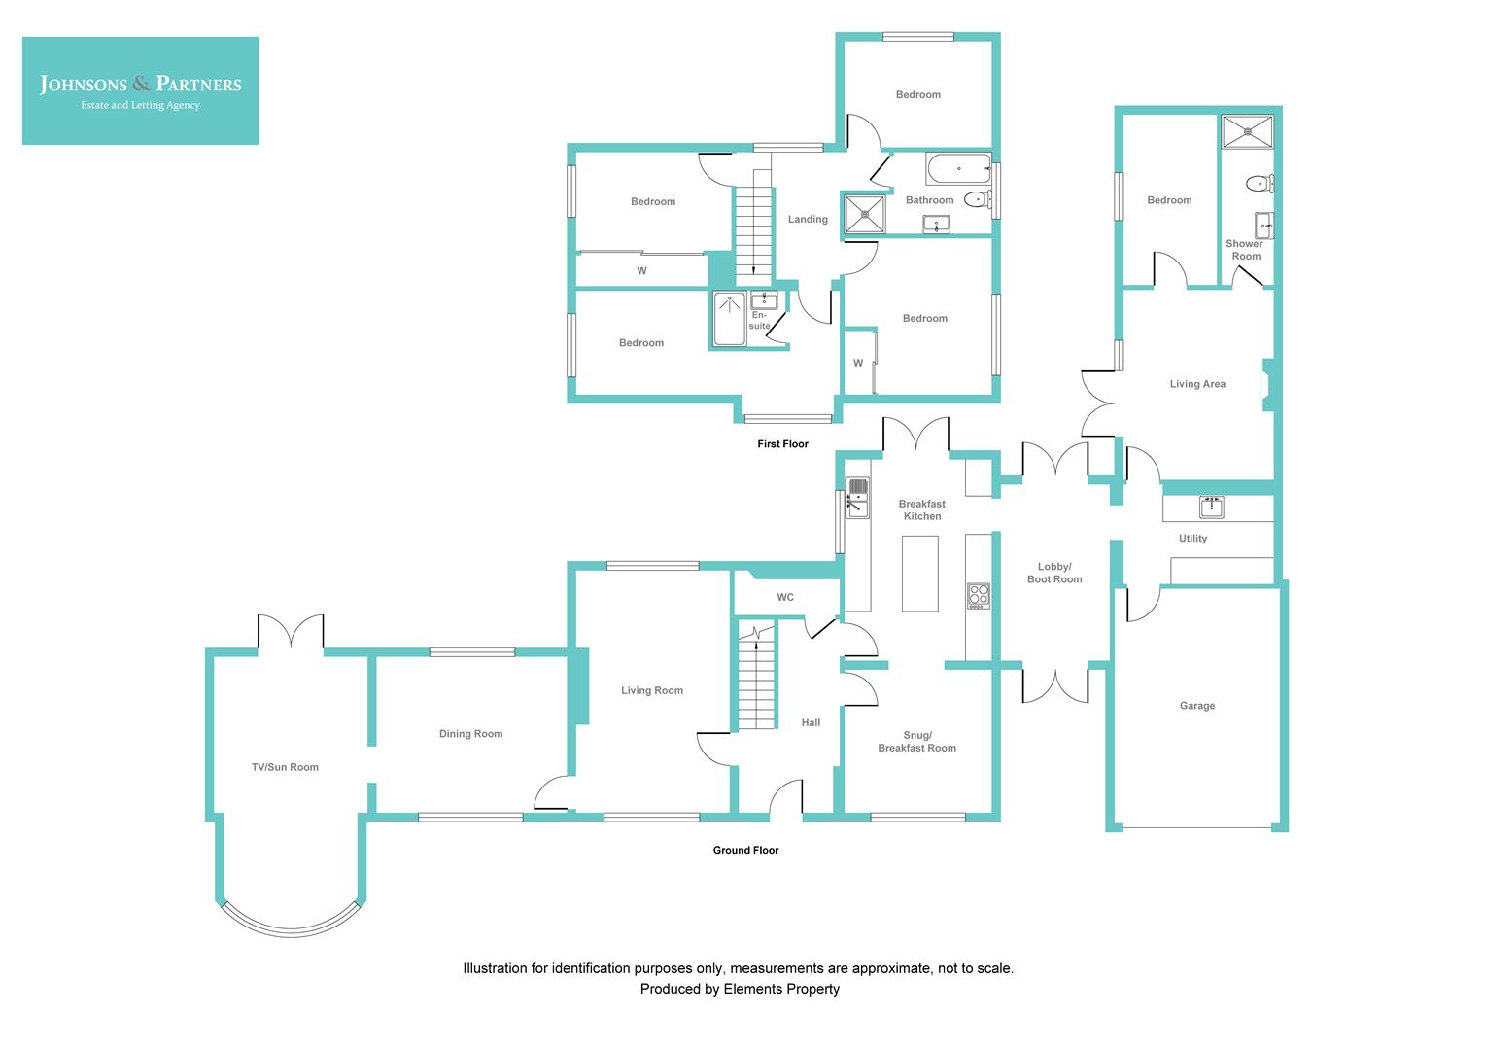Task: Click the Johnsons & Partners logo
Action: pos(140,90)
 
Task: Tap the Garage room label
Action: pos(1196,706)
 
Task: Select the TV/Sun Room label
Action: pos(285,767)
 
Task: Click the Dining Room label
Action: pos(470,734)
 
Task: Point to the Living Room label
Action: pos(652,690)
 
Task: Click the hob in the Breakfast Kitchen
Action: pos(978,595)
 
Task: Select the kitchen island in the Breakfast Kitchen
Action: pos(919,573)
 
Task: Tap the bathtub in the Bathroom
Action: pos(957,169)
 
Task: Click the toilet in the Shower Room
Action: pos(1259,183)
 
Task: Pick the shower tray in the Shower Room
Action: pos(1247,131)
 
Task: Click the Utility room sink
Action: pos(1211,507)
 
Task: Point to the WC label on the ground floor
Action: pos(785,597)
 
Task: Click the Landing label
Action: pos(808,220)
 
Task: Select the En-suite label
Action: pos(759,320)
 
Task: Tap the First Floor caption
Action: pos(782,444)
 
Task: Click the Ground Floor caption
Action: pos(745,850)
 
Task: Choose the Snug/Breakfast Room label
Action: pos(916,742)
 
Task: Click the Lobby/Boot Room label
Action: pos(1054,573)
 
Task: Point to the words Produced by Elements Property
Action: pos(739,989)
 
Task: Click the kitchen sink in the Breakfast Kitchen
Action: pos(856,497)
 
